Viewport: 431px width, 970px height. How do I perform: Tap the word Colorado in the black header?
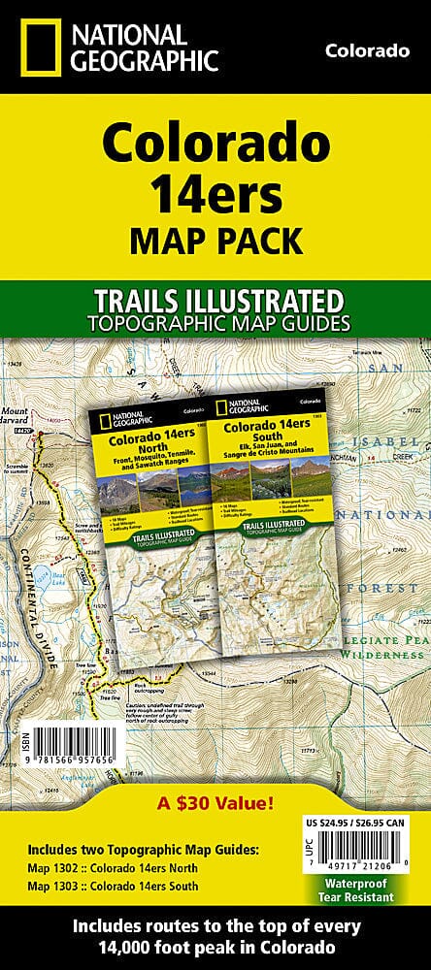(366, 50)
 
